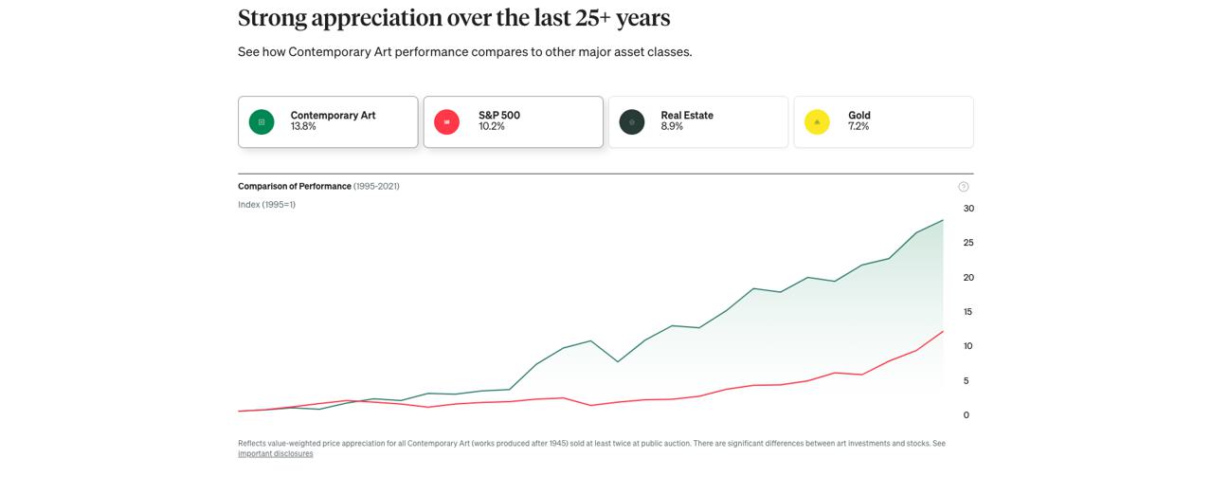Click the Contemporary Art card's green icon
click(x=262, y=122)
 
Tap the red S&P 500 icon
click(x=446, y=122)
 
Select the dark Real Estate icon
click(x=632, y=122)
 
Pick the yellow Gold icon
click(x=817, y=122)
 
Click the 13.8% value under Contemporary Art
click(x=303, y=127)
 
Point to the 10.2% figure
click(x=491, y=127)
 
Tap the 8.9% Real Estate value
click(x=672, y=127)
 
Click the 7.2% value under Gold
click(x=859, y=127)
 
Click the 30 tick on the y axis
click(x=968, y=209)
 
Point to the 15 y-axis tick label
click(x=968, y=312)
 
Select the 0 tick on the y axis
click(x=966, y=415)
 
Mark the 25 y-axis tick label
click(x=968, y=243)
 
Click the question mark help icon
click(x=964, y=187)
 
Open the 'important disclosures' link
click(x=275, y=454)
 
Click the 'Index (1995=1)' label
click(x=266, y=205)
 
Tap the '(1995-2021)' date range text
click(x=376, y=187)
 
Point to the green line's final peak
click(x=943, y=220)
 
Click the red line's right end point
click(x=943, y=331)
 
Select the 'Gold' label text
click(x=859, y=116)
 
